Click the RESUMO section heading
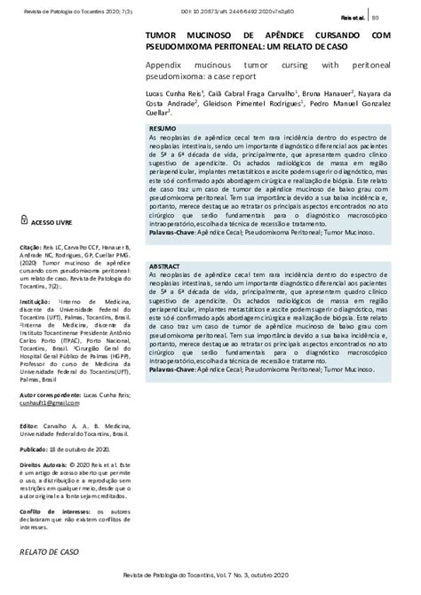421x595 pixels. click(163, 130)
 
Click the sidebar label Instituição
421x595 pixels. click(36, 302)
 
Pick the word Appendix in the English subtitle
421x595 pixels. click(167, 66)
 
